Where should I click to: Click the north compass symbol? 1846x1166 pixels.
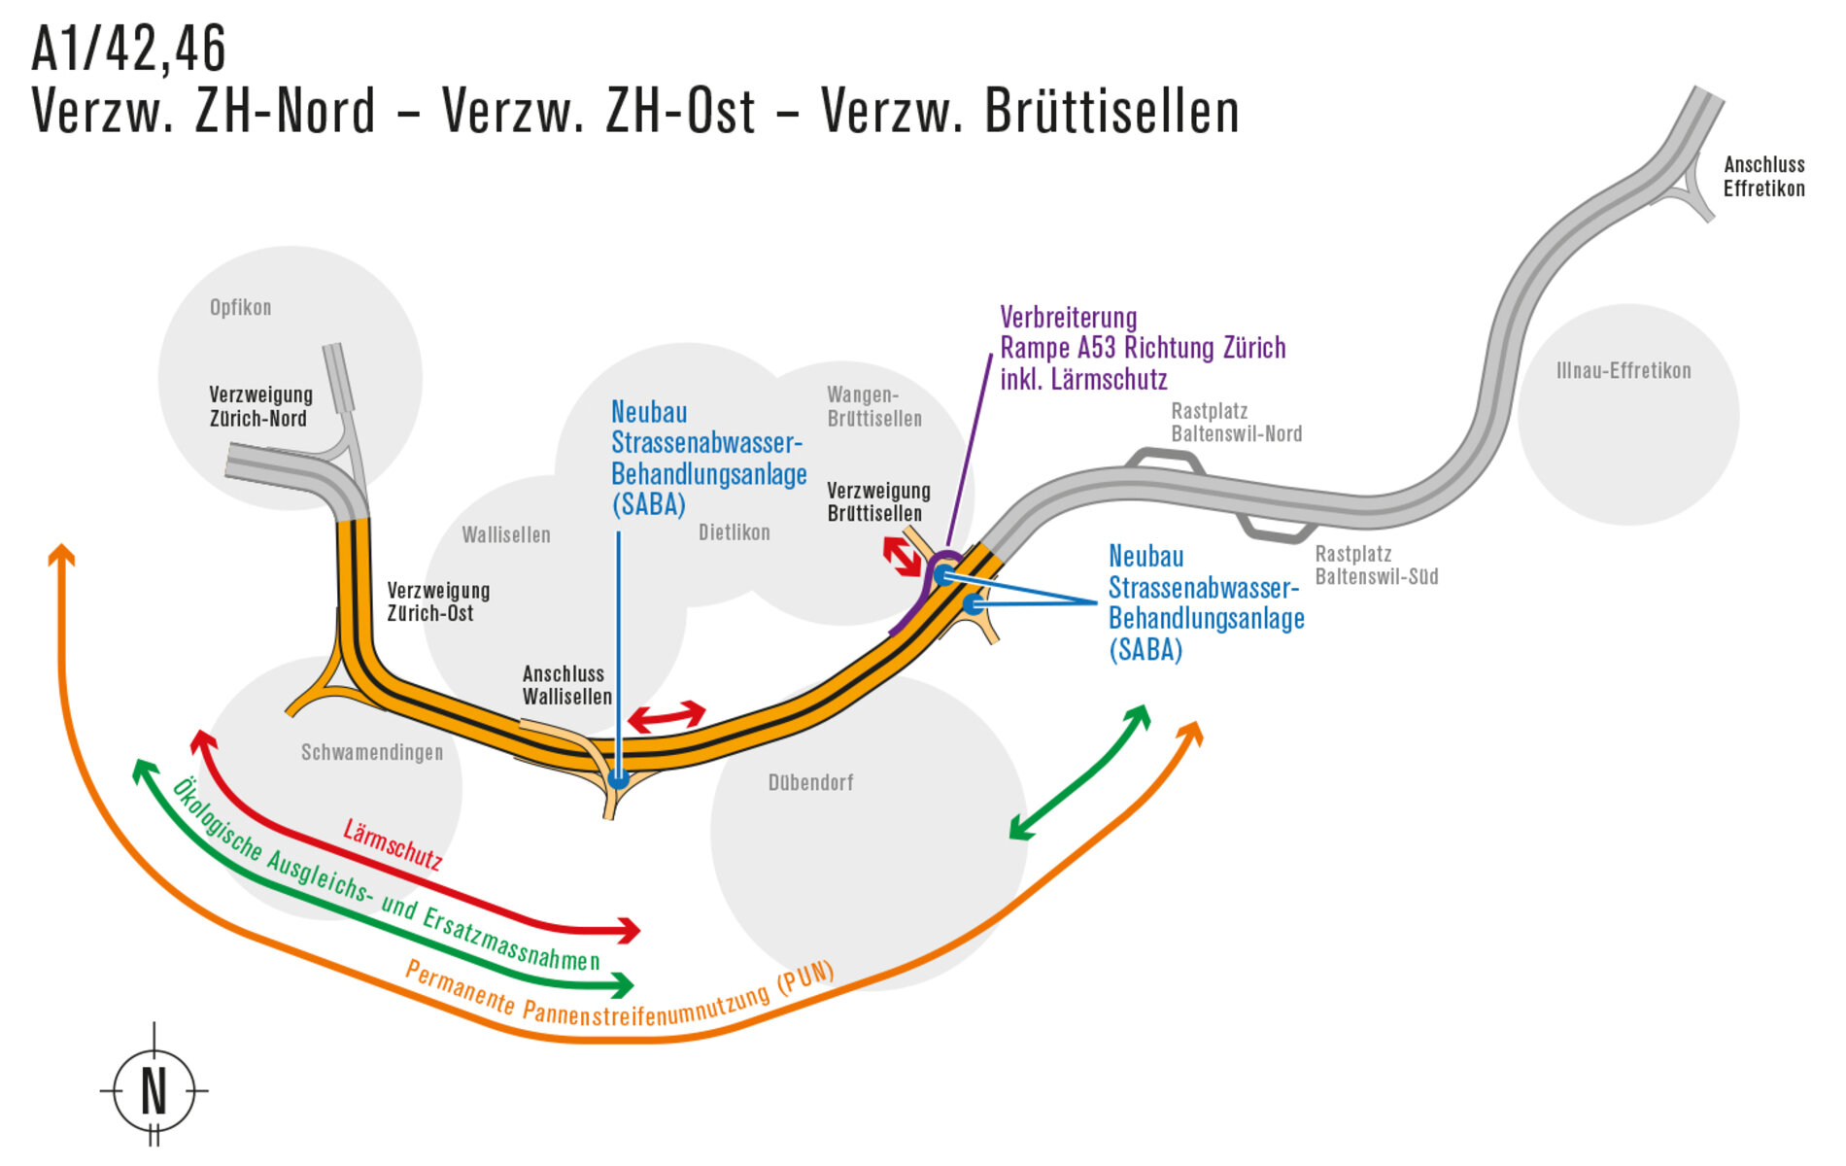[x=154, y=1089]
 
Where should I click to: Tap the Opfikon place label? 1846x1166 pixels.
[x=240, y=308]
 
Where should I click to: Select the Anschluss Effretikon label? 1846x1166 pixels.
[x=1763, y=177]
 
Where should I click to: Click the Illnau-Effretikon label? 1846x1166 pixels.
[x=1624, y=370]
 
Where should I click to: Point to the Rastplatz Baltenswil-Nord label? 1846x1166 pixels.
[x=1236, y=423]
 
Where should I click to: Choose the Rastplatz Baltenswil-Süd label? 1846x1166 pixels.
[x=1376, y=566]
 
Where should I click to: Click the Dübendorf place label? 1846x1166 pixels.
[x=810, y=782]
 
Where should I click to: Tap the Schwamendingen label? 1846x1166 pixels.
[x=372, y=752]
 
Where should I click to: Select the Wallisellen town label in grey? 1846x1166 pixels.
[x=506, y=534]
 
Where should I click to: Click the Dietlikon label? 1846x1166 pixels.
[x=735, y=532]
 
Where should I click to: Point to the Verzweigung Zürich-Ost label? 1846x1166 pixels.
[x=438, y=601]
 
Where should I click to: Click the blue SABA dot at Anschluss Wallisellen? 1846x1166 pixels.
[x=618, y=778]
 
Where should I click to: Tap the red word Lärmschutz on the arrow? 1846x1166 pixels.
[x=393, y=844]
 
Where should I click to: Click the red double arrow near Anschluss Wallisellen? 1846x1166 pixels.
[x=667, y=717]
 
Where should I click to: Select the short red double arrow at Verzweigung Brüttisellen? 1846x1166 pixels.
[x=903, y=557]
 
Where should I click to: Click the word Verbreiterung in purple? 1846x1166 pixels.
[x=1068, y=318]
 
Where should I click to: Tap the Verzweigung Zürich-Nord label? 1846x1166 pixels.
[x=260, y=407]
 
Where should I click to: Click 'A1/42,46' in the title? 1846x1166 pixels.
[x=129, y=49]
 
